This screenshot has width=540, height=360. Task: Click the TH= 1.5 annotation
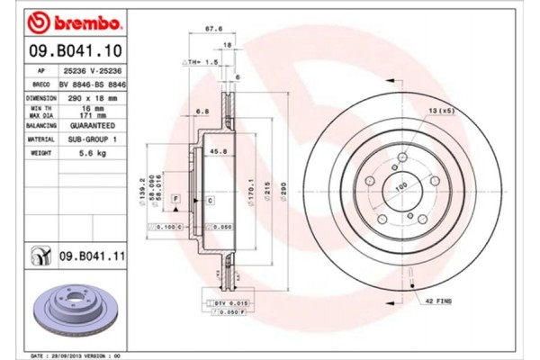click(202, 62)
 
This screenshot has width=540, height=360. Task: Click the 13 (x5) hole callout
click(440, 110)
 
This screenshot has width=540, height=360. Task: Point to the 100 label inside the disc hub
click(401, 186)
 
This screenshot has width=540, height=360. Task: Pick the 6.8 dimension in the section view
click(202, 112)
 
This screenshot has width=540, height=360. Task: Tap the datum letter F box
click(176, 197)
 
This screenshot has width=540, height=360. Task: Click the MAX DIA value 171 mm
click(86, 116)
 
